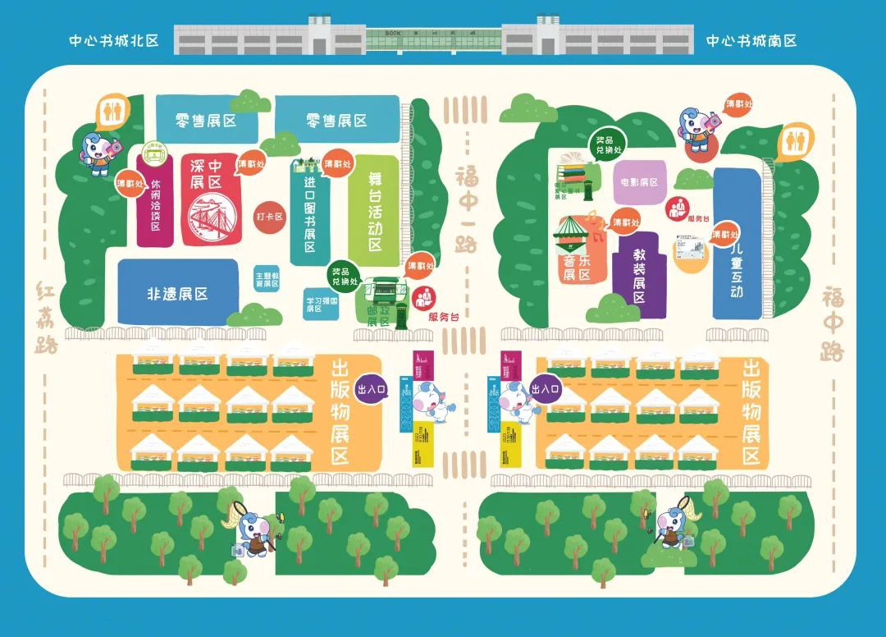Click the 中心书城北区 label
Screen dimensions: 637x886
[x=114, y=40]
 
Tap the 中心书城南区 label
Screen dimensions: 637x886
[x=751, y=40]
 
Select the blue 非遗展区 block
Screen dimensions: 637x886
[x=177, y=293]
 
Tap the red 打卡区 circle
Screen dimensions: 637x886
[x=269, y=217]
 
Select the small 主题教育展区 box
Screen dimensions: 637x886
[x=267, y=278]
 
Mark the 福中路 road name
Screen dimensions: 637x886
[x=833, y=323]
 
